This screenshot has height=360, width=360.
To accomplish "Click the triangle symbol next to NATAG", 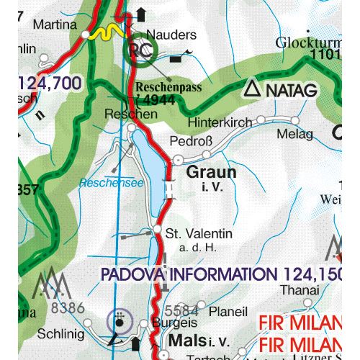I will (251, 89).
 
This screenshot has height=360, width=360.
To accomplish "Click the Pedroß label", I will (191, 141).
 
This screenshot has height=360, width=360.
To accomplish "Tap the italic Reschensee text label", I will (109, 182).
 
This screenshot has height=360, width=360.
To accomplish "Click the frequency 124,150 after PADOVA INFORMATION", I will (307, 274).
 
